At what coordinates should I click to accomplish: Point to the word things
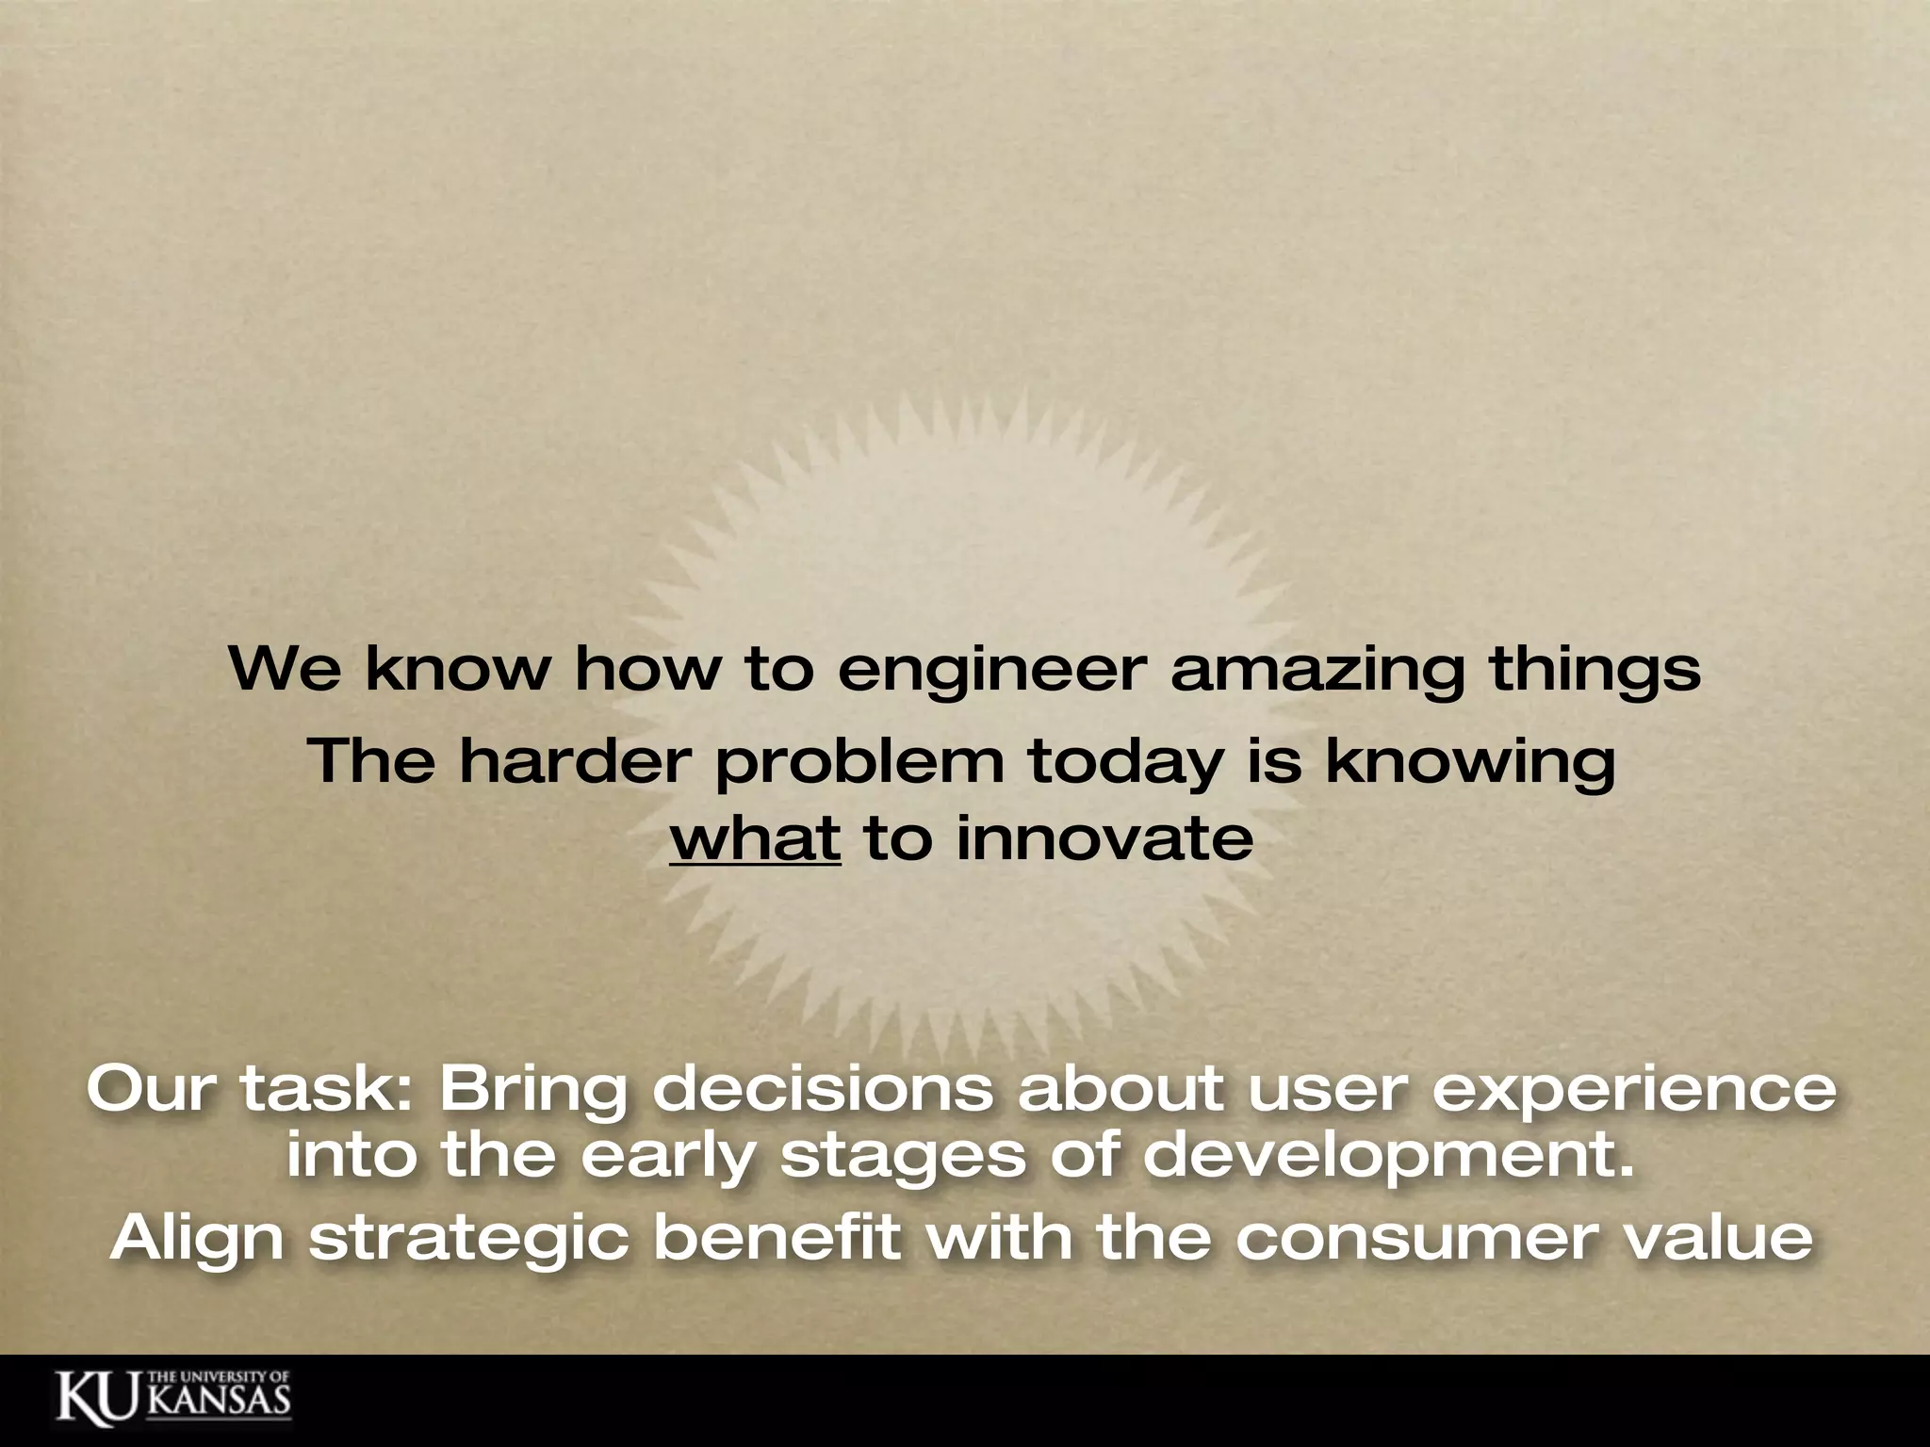pos(1595,671)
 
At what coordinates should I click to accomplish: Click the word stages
pos(903,1157)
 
